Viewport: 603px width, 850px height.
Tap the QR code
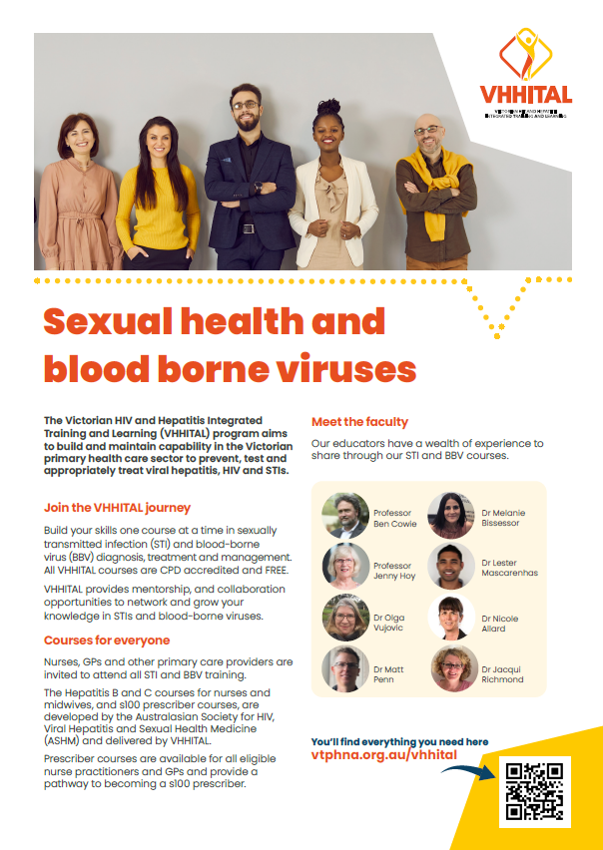click(535, 791)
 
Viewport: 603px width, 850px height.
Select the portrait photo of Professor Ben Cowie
click(345, 516)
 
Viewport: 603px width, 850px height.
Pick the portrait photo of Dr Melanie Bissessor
click(451, 516)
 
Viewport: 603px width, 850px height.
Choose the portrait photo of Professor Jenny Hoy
click(345, 567)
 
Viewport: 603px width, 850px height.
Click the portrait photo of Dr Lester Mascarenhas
click(451, 567)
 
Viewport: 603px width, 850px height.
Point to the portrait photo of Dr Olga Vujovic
click(345, 618)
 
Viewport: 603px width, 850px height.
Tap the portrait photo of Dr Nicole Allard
click(451, 619)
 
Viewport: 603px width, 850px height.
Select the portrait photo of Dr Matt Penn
click(345, 669)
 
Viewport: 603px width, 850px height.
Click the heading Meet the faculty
click(359, 422)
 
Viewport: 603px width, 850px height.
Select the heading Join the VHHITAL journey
click(117, 508)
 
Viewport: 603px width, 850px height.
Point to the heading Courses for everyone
click(106, 640)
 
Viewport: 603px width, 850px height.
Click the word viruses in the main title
click(335, 369)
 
